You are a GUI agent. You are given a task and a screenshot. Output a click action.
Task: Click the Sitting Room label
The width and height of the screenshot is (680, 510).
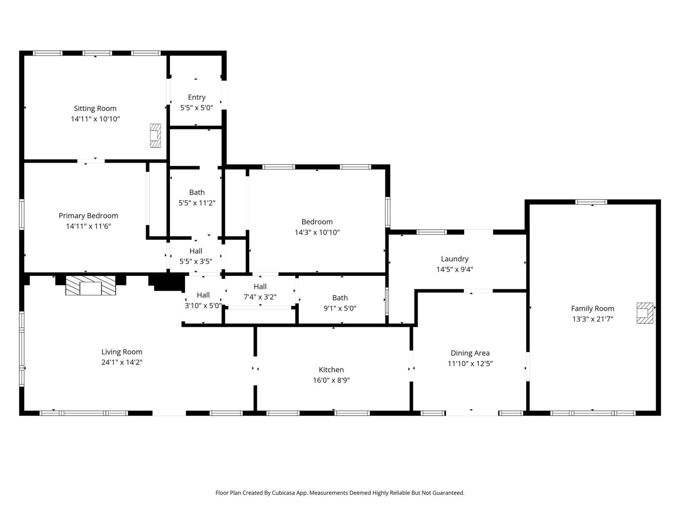(x=95, y=108)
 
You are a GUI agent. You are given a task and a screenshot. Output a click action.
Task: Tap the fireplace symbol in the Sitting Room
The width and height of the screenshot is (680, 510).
(x=155, y=136)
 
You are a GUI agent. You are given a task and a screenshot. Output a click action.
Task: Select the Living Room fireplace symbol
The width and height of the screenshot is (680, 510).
(x=91, y=285)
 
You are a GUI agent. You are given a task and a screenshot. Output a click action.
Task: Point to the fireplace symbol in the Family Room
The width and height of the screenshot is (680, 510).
(x=645, y=313)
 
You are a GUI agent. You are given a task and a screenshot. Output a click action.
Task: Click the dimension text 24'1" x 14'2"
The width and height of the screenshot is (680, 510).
(x=122, y=362)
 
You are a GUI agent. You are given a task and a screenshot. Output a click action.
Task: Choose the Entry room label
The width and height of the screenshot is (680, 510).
(x=197, y=97)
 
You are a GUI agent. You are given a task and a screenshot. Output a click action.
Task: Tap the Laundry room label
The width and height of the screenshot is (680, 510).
(x=454, y=259)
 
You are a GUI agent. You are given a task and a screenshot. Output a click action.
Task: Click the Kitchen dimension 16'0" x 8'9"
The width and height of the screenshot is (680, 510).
(x=331, y=380)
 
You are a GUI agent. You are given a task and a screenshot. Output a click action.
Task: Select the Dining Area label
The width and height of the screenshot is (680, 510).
(x=470, y=353)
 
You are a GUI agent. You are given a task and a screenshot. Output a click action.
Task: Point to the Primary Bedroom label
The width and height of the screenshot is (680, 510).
(x=88, y=216)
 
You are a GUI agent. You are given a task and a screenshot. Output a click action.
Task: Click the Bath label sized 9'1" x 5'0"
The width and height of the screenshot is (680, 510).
(x=340, y=298)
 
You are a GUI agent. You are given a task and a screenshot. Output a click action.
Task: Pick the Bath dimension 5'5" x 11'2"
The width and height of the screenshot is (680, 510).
(x=197, y=203)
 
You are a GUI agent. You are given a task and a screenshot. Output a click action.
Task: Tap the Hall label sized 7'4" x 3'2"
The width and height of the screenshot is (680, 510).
(x=260, y=287)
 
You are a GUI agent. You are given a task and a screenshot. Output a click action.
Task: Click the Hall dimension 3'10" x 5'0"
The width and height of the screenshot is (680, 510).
(x=203, y=305)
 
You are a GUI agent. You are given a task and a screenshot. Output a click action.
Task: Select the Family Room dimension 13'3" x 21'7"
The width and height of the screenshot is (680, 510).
(x=593, y=319)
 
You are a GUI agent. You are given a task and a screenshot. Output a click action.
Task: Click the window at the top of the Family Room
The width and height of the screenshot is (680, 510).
(x=591, y=202)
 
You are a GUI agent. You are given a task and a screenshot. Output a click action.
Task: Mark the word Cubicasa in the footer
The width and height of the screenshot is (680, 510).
(x=283, y=493)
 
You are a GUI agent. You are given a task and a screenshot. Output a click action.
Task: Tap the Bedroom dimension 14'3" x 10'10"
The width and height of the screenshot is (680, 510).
(x=317, y=232)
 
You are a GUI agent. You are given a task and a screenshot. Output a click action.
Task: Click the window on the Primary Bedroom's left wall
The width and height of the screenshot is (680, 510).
(x=22, y=214)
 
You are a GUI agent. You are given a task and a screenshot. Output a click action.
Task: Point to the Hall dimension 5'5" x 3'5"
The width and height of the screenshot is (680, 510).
(x=196, y=261)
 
